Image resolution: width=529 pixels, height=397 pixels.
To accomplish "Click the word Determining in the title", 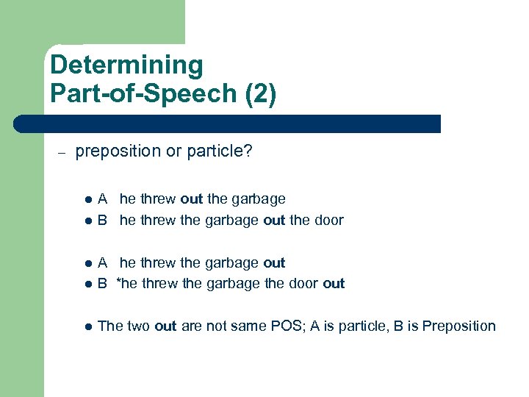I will (126, 65).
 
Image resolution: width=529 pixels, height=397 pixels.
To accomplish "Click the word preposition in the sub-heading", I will (118, 151).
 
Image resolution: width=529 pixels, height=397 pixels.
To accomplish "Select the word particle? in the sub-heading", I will (218, 151).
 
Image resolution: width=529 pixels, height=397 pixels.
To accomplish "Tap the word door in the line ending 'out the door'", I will (328, 220).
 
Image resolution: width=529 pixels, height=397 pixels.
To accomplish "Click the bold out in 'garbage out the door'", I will (273, 220).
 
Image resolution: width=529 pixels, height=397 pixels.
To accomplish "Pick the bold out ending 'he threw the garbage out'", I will (273, 262).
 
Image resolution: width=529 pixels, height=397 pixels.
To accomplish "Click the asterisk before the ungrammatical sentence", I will (119, 282).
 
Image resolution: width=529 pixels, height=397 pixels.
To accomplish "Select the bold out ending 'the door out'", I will (333, 284).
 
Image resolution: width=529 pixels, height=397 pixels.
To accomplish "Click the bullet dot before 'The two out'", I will (88, 326).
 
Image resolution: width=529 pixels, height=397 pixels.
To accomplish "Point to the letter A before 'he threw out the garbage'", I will (104, 198).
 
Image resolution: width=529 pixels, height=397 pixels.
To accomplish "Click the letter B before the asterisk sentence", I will (104, 284).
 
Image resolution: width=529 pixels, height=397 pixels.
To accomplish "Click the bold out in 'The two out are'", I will (166, 326).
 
